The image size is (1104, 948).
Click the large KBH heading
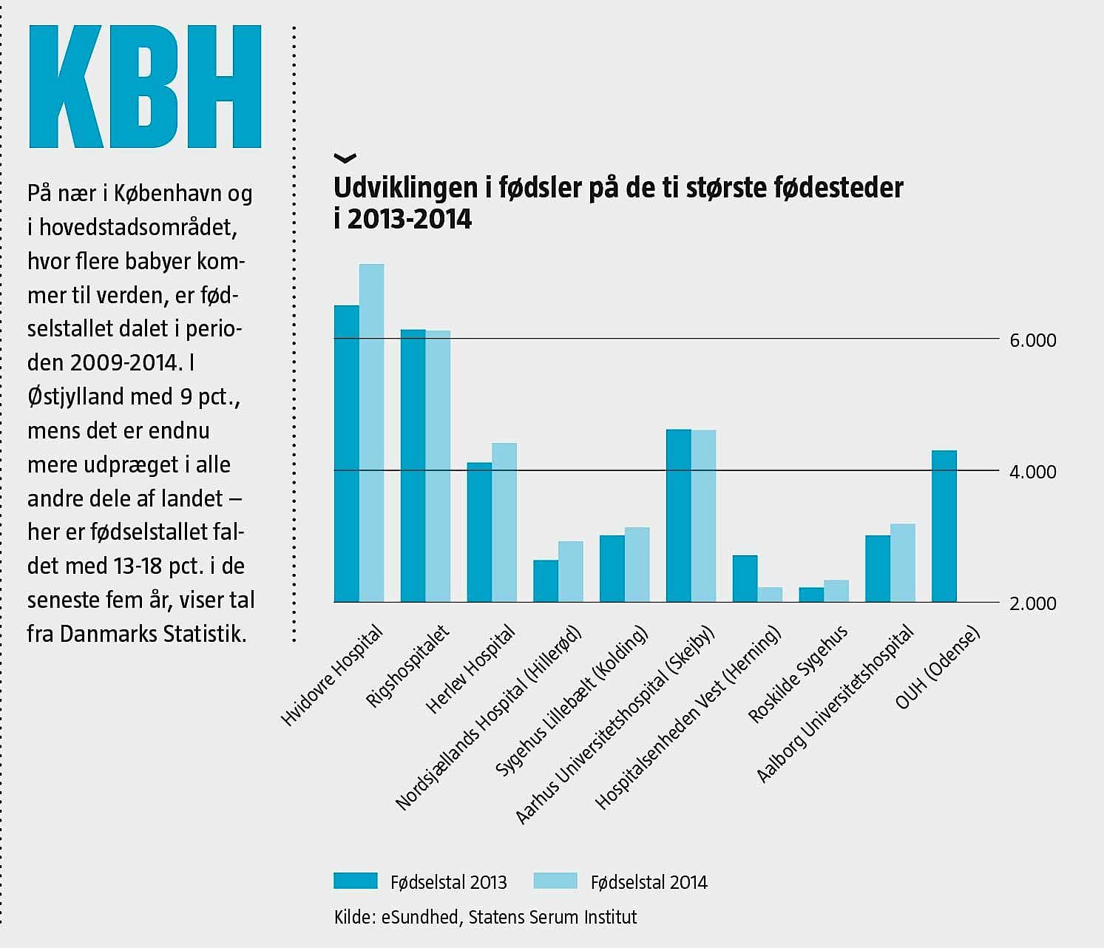(x=145, y=87)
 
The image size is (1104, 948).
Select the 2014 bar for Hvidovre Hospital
(x=371, y=433)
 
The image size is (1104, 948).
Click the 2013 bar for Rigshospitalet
(x=413, y=465)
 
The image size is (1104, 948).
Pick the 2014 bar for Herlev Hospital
(x=504, y=522)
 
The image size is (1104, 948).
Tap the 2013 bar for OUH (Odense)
(x=944, y=526)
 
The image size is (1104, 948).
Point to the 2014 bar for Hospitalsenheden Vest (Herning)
(x=770, y=595)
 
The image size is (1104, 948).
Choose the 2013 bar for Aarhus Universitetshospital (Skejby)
(x=678, y=515)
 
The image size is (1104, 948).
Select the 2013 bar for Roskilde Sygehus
(x=811, y=595)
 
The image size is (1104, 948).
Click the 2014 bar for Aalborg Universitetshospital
(x=903, y=563)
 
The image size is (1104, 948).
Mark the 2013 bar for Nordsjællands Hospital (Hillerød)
(x=546, y=581)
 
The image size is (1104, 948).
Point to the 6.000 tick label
(x=1033, y=341)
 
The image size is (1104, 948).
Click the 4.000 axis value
(x=1033, y=472)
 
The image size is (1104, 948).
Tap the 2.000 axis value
(x=1033, y=603)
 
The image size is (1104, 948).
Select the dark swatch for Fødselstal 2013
(x=356, y=881)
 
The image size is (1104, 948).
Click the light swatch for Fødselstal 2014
(x=555, y=881)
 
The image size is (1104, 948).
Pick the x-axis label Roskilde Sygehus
(x=799, y=674)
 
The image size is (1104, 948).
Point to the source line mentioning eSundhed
(x=485, y=918)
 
